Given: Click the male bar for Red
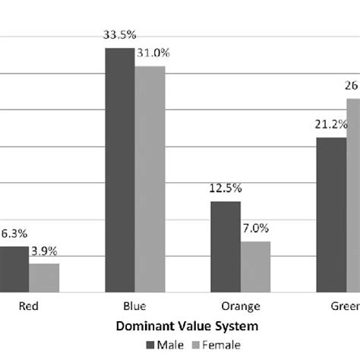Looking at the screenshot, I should [x=14, y=270].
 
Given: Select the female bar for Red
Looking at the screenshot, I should [x=44, y=278].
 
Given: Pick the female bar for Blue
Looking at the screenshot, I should [x=150, y=179].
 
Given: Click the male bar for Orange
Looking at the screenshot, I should [x=226, y=247].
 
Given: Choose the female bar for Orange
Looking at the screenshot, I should [x=255, y=267].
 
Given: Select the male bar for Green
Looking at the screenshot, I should [x=331, y=215].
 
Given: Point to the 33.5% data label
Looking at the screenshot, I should [x=120, y=34].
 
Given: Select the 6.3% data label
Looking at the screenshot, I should [x=13, y=235].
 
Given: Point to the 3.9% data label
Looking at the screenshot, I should [x=44, y=251].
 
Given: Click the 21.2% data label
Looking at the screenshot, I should [x=331, y=125].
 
